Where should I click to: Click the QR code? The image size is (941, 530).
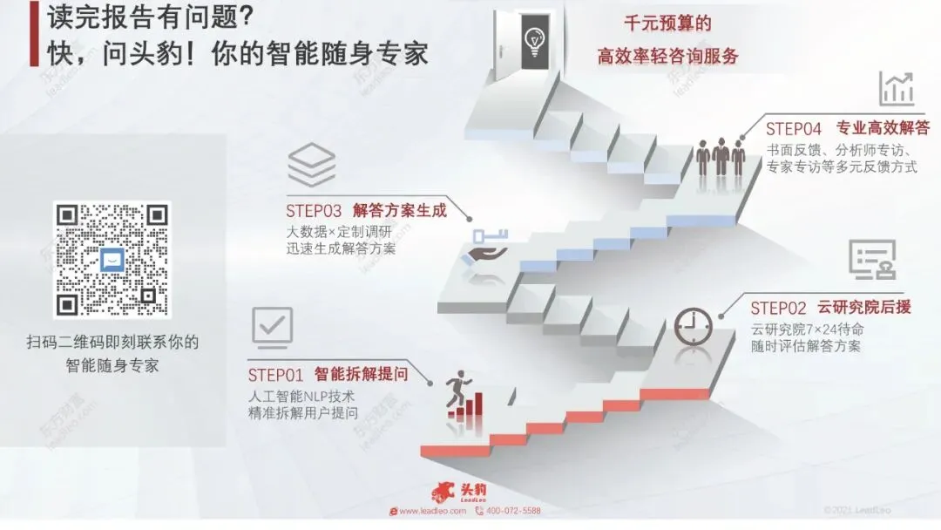(x=112, y=260)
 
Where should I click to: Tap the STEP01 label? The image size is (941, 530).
(x=275, y=376)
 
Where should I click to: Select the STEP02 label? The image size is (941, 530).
(x=778, y=308)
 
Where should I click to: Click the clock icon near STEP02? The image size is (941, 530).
(x=693, y=328)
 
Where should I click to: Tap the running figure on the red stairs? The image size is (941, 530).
(x=456, y=393)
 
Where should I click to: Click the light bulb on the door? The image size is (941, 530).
(x=534, y=38)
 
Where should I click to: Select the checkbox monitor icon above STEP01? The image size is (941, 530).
(x=272, y=326)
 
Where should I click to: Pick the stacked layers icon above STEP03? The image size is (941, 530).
(x=311, y=166)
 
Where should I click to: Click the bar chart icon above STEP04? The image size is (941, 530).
(x=896, y=88)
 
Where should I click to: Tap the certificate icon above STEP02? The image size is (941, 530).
(x=871, y=259)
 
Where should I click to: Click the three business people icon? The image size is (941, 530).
(x=721, y=158)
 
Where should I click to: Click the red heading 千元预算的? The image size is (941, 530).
(x=667, y=24)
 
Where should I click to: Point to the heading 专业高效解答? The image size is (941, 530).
(x=883, y=127)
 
